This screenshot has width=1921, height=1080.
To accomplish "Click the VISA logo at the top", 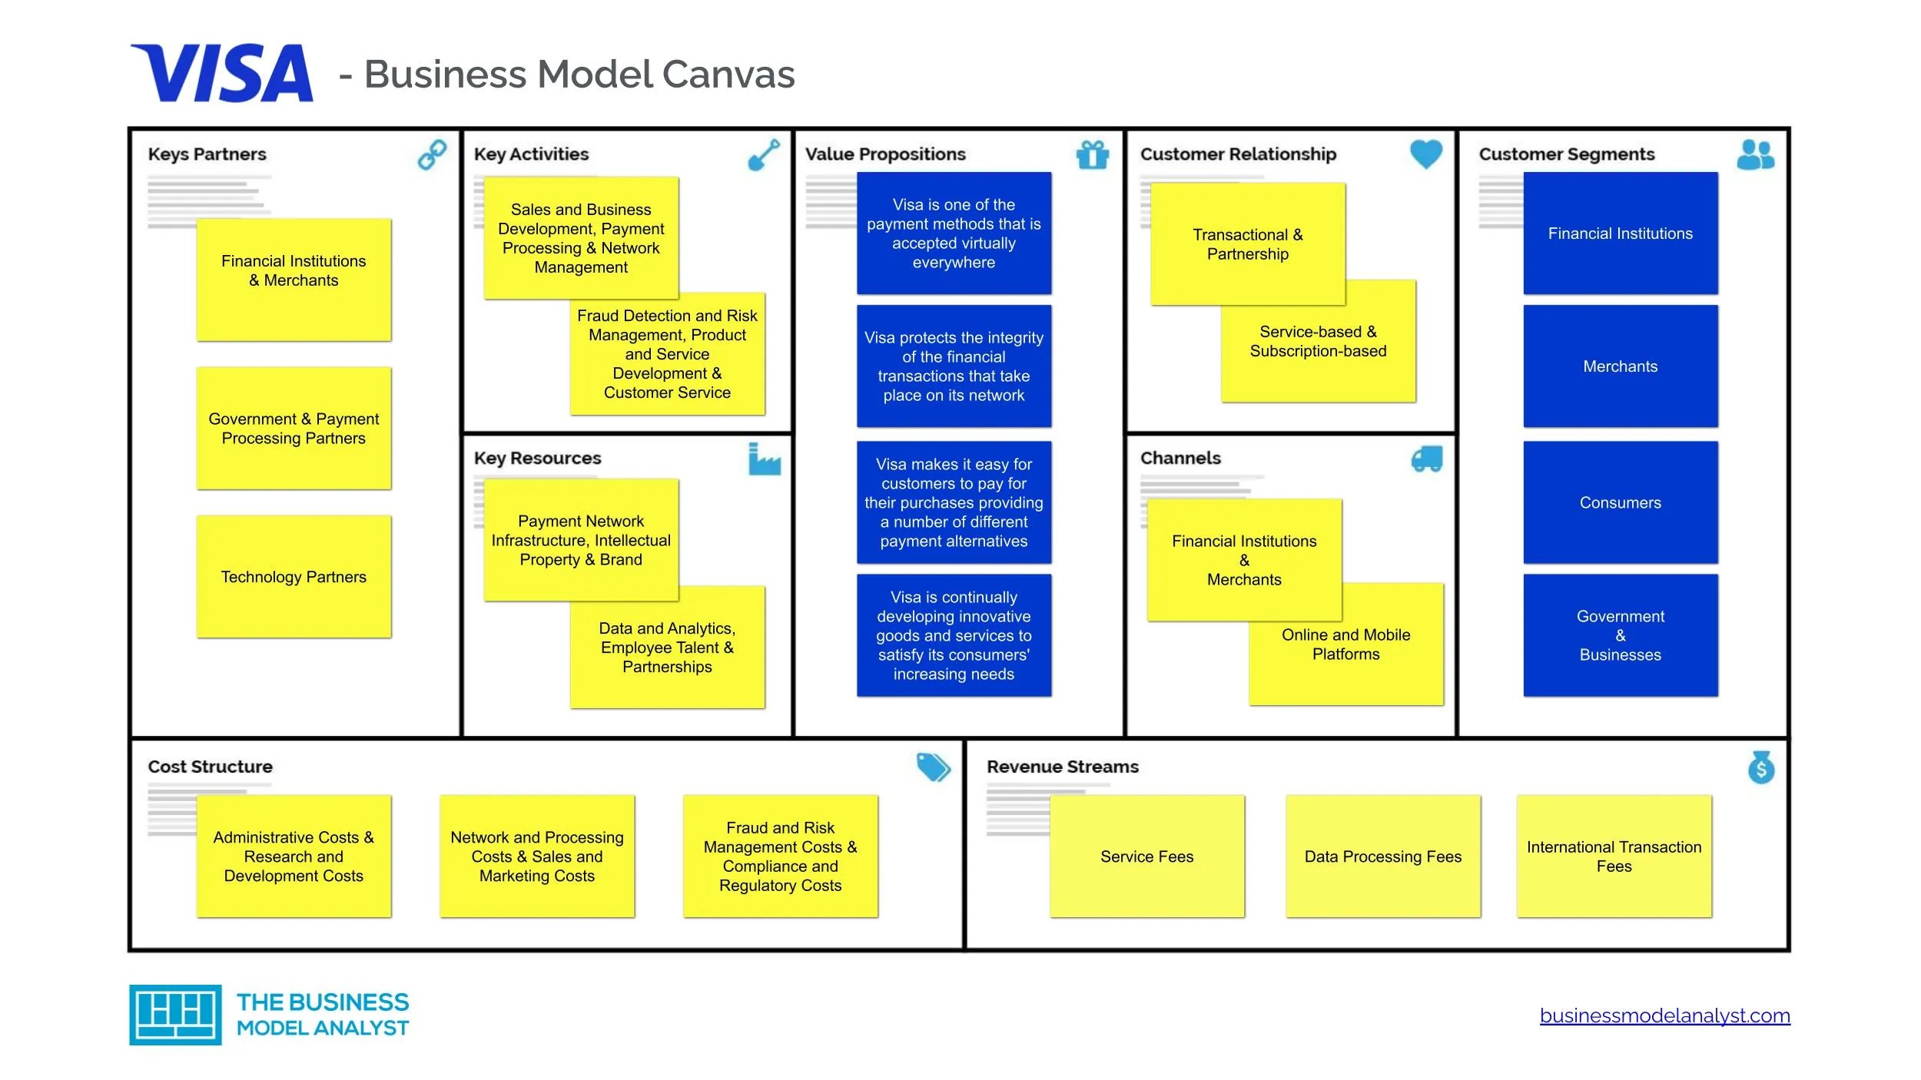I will point(222,74).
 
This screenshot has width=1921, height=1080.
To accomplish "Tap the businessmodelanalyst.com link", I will point(1664,1015).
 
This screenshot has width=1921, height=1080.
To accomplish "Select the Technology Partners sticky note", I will point(294,577).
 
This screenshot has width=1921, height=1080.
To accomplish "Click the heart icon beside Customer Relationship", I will point(1426,154).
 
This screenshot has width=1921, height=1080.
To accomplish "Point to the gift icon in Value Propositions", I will point(1092,154).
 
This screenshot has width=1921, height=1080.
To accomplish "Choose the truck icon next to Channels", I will point(1427,459).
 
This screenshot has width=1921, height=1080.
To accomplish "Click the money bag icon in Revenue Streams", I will point(1761,767).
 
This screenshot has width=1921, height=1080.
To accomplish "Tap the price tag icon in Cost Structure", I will point(933,767).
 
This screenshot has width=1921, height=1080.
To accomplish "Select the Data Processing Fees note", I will point(1382,856).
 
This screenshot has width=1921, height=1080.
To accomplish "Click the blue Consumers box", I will point(1620,502).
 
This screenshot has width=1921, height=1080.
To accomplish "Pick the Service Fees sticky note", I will point(1146,856).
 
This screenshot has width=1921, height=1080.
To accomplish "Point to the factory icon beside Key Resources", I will point(764,459).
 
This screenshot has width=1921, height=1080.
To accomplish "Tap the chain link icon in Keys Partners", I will point(432,154).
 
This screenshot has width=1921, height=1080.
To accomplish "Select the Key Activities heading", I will point(531,154).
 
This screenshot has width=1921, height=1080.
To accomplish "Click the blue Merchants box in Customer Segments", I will point(1620,366).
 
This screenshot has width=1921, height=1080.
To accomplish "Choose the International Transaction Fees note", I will point(1614,856).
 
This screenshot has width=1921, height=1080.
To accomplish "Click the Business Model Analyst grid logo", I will point(175,1015).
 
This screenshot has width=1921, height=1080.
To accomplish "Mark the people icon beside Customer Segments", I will point(1755,154).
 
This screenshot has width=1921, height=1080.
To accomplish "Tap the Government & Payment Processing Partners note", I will point(294,429).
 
